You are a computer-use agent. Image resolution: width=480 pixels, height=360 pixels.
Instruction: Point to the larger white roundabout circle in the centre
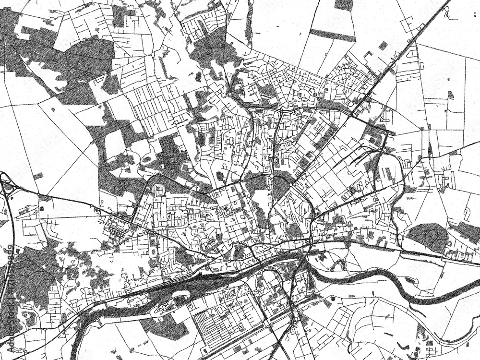point(272,177)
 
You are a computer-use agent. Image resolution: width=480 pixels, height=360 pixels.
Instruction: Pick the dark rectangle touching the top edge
point(344,4)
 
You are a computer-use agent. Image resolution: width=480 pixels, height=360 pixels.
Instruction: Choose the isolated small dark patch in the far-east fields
point(450,95)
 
